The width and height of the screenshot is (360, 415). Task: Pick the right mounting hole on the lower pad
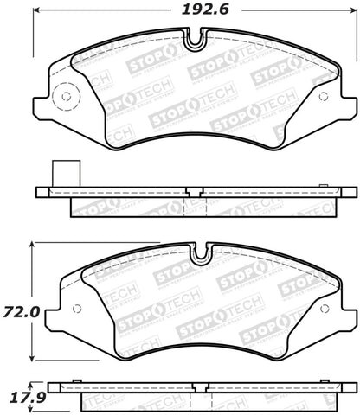click(322, 309)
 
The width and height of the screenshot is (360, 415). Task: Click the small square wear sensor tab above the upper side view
click(63, 172)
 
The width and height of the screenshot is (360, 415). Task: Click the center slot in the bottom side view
click(202, 388)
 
